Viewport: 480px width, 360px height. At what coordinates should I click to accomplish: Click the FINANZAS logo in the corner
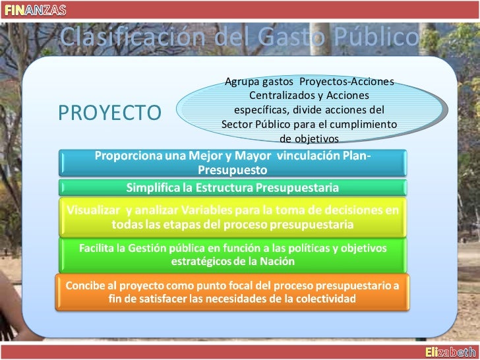[x=32, y=9]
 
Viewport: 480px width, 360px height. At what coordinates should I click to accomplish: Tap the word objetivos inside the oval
[x=309, y=139]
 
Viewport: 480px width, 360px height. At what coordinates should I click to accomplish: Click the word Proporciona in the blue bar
[x=131, y=156]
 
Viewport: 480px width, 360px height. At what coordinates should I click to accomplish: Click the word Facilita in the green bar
[x=100, y=248]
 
